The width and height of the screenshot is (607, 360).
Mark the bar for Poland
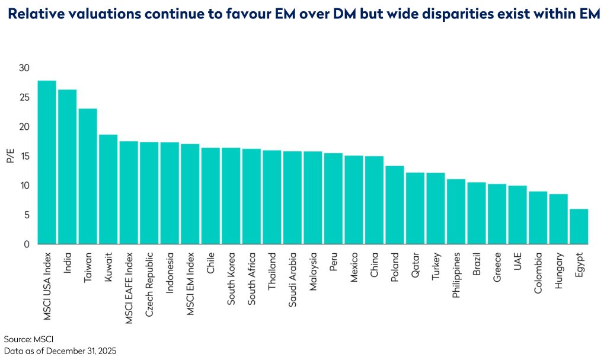(x=394, y=205)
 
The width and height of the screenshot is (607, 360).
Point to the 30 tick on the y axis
(x=23, y=68)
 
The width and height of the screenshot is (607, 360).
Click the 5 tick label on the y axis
(x=25, y=215)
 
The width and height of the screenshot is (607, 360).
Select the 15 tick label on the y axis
(x=23, y=156)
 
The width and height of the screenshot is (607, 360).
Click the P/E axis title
(x=9, y=156)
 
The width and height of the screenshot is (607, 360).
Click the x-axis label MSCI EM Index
(x=190, y=282)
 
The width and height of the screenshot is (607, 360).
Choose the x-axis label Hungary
(x=559, y=271)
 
